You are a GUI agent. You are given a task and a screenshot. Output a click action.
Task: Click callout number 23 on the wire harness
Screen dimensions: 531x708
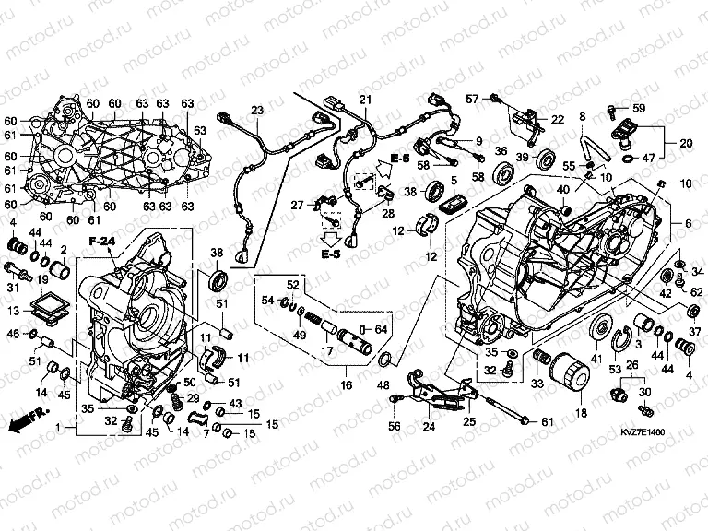[256, 111]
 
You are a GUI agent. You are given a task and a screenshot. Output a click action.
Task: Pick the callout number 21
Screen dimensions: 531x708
[364, 100]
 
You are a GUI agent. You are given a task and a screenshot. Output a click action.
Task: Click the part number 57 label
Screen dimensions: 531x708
[471, 98]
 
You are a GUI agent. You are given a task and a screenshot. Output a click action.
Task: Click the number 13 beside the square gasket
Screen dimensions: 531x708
[12, 311]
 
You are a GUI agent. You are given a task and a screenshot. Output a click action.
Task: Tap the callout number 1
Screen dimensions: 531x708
[60, 429]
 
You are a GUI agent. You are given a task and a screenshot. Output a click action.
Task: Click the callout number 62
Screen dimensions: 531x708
[696, 292]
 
